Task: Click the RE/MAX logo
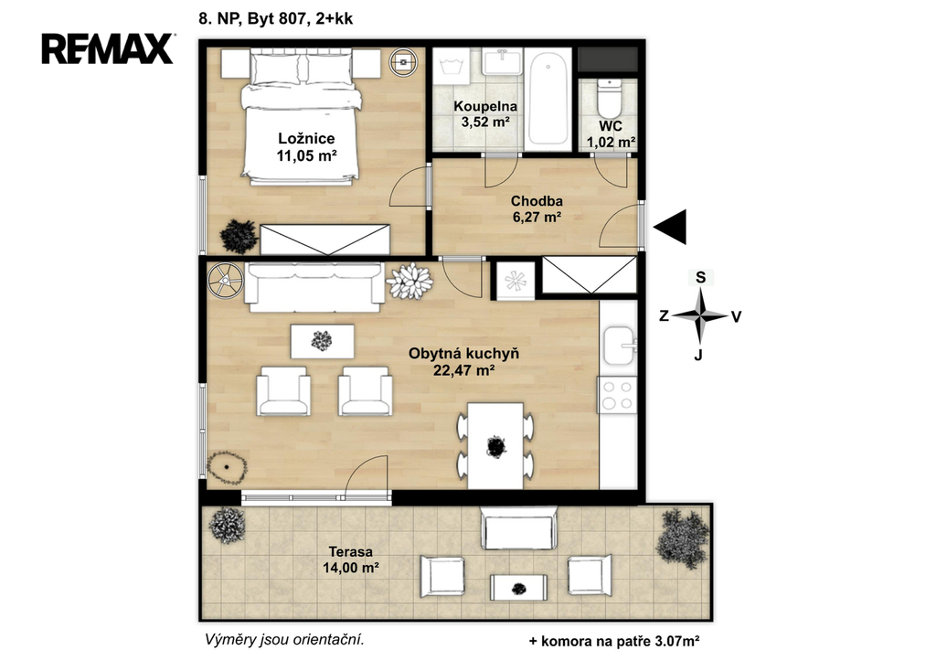tap(108, 48)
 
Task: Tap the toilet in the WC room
tap(610, 98)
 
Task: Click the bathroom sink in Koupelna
tap(502, 62)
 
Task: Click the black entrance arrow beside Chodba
tap(670, 227)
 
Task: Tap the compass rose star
tap(701, 315)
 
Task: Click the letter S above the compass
tap(701, 277)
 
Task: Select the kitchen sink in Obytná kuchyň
tap(619, 346)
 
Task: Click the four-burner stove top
tap(618, 395)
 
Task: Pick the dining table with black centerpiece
tap(495, 446)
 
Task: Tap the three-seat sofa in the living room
tap(315, 286)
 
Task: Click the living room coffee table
tap(322, 342)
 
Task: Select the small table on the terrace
tap(519, 588)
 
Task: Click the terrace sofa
tap(519, 528)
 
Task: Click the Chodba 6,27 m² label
tap(537, 209)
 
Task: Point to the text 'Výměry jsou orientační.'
tap(284, 640)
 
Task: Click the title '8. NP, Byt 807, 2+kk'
tap(276, 18)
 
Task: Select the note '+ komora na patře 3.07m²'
tap(614, 642)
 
